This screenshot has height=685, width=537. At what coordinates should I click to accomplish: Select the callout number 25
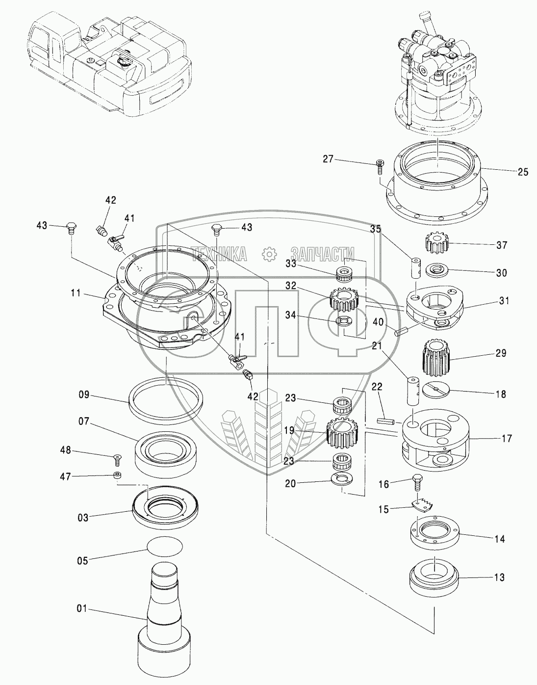coord(522,172)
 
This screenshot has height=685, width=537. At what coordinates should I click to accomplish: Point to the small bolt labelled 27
coord(380,166)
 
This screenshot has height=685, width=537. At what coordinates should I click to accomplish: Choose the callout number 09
coord(84,395)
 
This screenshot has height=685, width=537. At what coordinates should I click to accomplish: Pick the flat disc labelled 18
coord(436,390)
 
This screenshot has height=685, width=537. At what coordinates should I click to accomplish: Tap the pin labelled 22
coord(386,421)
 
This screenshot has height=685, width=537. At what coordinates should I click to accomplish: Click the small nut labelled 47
coord(118,476)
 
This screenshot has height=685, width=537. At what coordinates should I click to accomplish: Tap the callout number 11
coord(76,293)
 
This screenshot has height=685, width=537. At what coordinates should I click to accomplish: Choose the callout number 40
coord(378,322)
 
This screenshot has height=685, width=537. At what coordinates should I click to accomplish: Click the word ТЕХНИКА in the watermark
coord(219,254)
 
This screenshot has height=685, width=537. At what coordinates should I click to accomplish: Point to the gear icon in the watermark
coord(269,254)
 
